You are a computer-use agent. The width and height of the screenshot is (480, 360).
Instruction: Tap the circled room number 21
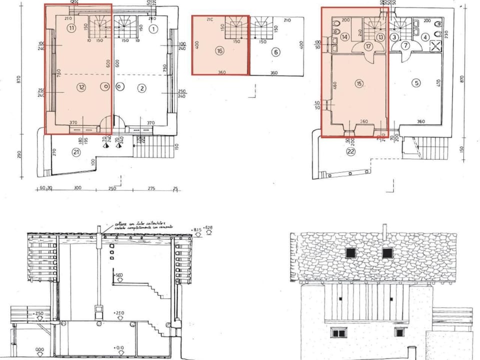point(76,152)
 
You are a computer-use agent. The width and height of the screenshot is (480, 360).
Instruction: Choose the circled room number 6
point(275,51)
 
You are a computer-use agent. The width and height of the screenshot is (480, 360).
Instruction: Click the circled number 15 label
point(358,83)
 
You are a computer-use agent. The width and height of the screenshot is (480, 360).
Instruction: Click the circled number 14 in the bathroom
point(344,36)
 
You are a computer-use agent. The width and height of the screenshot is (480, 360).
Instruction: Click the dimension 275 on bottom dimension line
point(151,188)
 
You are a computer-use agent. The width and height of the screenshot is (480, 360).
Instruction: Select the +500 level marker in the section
point(119,275)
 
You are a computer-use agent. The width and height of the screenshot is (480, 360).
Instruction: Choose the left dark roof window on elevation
point(350,252)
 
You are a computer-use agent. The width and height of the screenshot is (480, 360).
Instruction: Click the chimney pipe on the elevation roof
point(384,231)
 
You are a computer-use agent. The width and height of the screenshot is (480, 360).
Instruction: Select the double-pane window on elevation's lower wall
point(339,332)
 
